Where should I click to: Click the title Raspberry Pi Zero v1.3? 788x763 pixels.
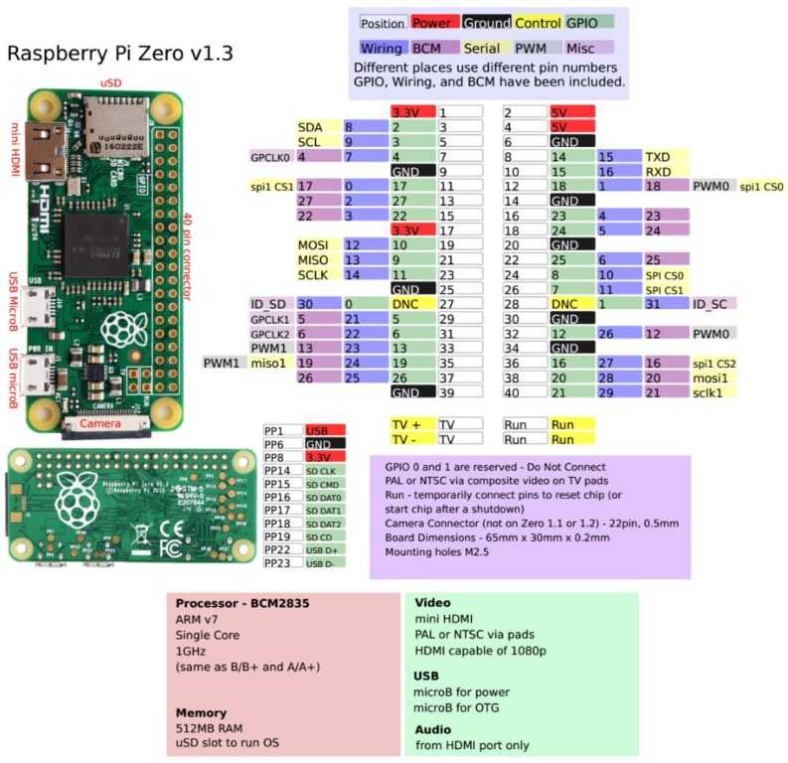pyautogui.click(x=120, y=54)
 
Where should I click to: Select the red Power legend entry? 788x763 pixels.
pyautogui.click(x=432, y=22)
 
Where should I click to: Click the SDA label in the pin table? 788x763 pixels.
pyautogui.click(x=309, y=127)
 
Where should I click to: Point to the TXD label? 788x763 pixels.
pyautogui.click(x=658, y=157)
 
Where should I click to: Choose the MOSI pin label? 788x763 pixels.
pyautogui.click(x=312, y=244)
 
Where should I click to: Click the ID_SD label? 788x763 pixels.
pyautogui.click(x=269, y=303)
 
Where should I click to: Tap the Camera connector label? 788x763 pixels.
pyautogui.click(x=100, y=424)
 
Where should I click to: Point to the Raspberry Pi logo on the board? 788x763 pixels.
pyautogui.click(x=121, y=327)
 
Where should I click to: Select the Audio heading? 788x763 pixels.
pyautogui.click(x=431, y=728)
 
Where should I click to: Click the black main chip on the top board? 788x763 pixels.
pyautogui.click(x=94, y=243)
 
